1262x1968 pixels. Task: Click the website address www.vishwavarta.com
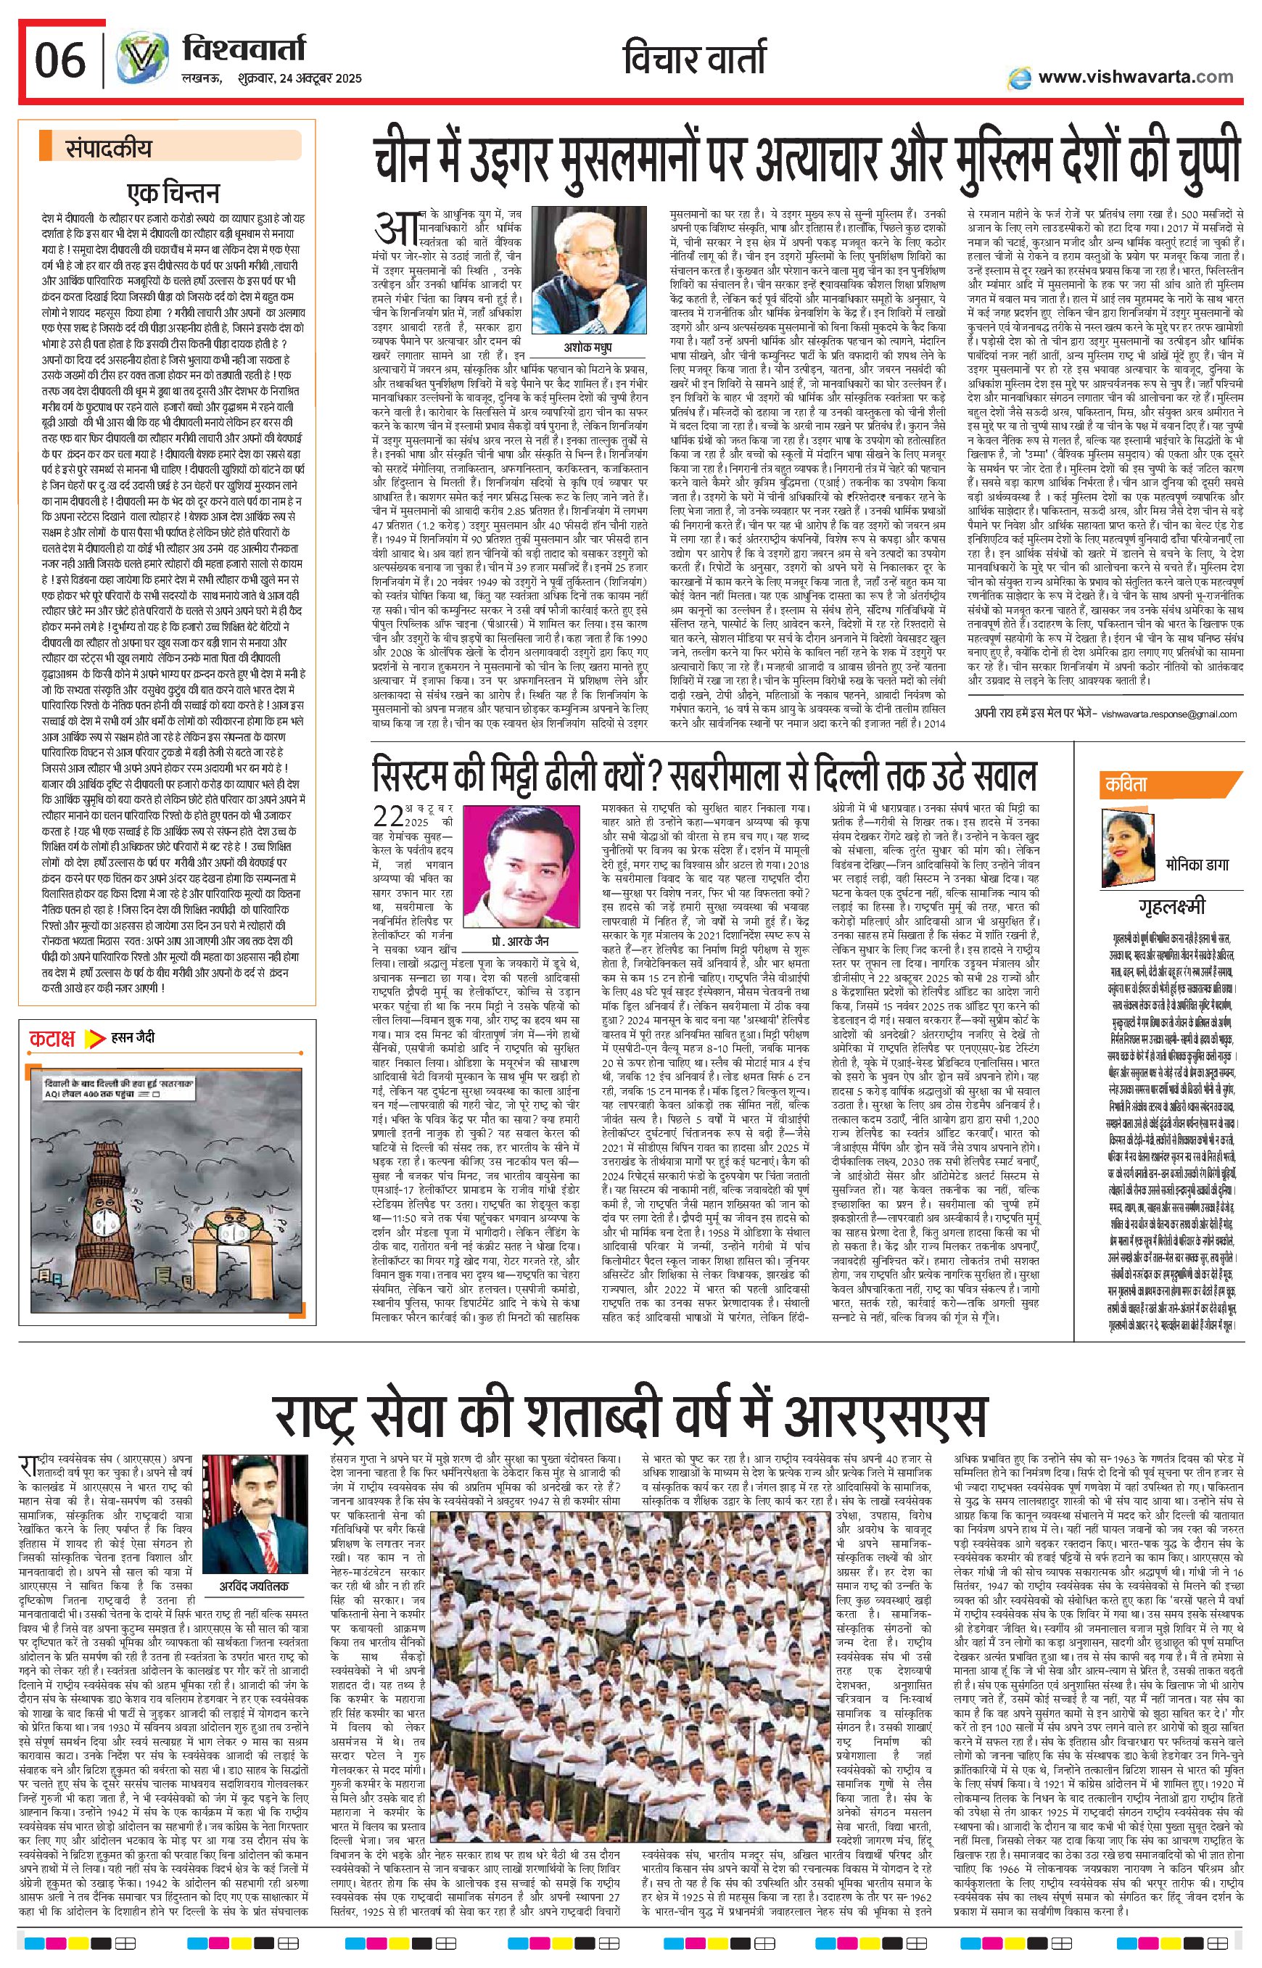point(1135,76)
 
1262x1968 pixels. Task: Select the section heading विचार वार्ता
point(695,59)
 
